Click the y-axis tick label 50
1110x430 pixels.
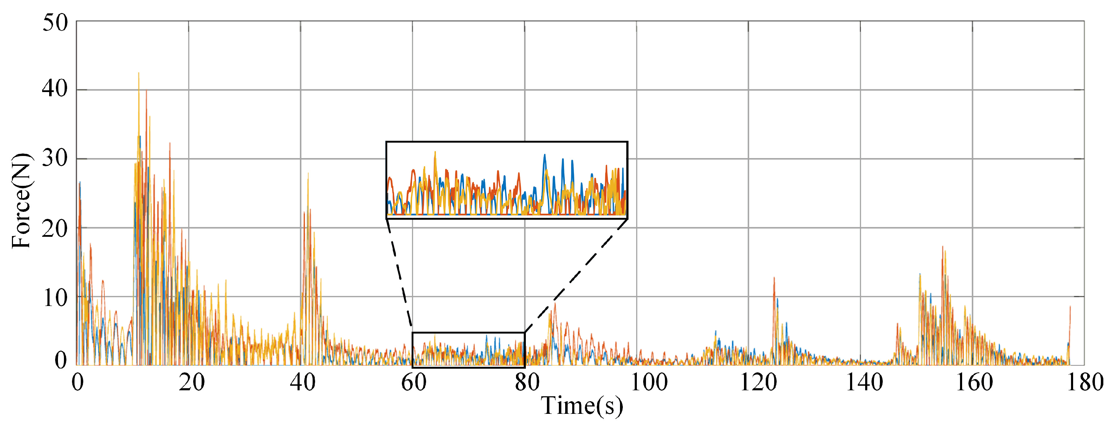(x=55, y=23)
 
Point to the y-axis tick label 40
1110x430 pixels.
(x=55, y=89)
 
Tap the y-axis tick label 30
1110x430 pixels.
(x=55, y=158)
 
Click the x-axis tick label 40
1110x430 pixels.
(x=302, y=382)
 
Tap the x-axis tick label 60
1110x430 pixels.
(x=414, y=382)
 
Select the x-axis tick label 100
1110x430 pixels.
(x=648, y=382)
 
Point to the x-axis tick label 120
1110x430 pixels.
(x=758, y=382)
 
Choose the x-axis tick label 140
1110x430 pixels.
(x=864, y=382)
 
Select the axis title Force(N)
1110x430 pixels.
(x=21, y=200)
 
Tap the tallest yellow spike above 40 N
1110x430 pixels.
(x=138, y=73)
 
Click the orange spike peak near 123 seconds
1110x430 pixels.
(x=774, y=278)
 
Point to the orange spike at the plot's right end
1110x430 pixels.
(x=1070, y=307)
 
